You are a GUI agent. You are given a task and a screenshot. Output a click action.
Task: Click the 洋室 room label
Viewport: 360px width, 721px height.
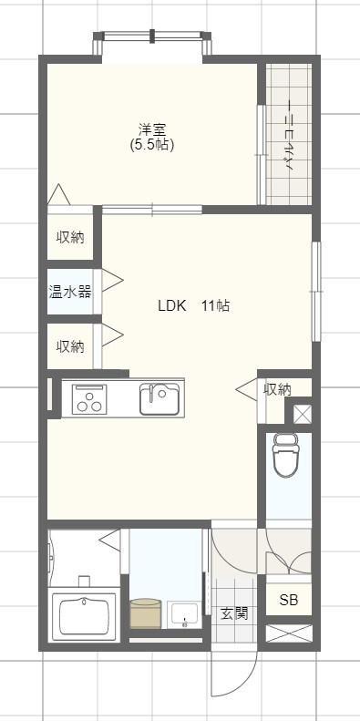pyautogui.click(x=152, y=129)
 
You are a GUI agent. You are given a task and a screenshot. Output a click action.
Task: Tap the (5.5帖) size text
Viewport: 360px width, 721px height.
pyautogui.click(x=152, y=144)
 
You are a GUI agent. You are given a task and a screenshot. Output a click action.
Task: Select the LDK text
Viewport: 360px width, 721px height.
pyautogui.click(x=171, y=306)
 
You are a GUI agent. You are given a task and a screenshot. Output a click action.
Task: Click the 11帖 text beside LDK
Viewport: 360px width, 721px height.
pyautogui.click(x=215, y=306)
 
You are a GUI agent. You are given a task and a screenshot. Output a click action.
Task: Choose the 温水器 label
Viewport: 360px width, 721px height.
pyautogui.click(x=70, y=292)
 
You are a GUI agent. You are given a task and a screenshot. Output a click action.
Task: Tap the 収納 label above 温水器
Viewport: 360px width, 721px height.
pyautogui.click(x=70, y=238)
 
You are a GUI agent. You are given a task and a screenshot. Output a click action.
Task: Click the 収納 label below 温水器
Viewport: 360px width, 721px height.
pyautogui.click(x=70, y=346)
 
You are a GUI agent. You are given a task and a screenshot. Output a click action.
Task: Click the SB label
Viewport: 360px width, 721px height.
pyautogui.click(x=288, y=600)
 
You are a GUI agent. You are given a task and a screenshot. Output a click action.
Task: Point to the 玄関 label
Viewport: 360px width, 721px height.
pyautogui.click(x=234, y=613)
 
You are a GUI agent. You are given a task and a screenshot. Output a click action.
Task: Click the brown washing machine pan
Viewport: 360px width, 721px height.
pyautogui.click(x=146, y=613)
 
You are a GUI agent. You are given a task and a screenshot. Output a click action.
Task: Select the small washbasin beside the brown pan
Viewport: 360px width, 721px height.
pyautogui.click(x=184, y=614)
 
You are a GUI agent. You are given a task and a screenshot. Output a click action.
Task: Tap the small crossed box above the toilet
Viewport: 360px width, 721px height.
pyautogui.click(x=301, y=414)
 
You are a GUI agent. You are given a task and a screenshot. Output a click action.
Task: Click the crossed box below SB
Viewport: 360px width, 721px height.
pyautogui.click(x=288, y=633)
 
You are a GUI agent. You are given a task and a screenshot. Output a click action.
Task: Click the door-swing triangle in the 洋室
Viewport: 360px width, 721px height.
pyautogui.click(x=58, y=194)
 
